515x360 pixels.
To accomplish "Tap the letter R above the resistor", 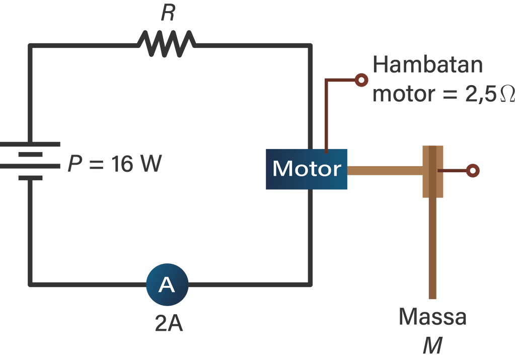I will click(168, 14).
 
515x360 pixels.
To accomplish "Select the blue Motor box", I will click(306, 169).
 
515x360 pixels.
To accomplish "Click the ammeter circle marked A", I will click(167, 285).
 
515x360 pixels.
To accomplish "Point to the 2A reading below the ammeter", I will click(168, 323).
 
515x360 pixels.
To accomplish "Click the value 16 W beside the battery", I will click(135, 165).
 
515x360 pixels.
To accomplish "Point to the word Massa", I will click(432, 317).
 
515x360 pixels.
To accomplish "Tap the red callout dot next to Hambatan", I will click(361, 80).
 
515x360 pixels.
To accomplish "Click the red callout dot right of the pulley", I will click(472, 171).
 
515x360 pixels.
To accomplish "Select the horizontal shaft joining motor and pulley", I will click(384, 171).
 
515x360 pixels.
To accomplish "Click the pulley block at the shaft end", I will click(432, 171).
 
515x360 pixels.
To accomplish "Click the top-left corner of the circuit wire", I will click(31, 46).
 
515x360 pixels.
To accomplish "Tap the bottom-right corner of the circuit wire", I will click(309, 284).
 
